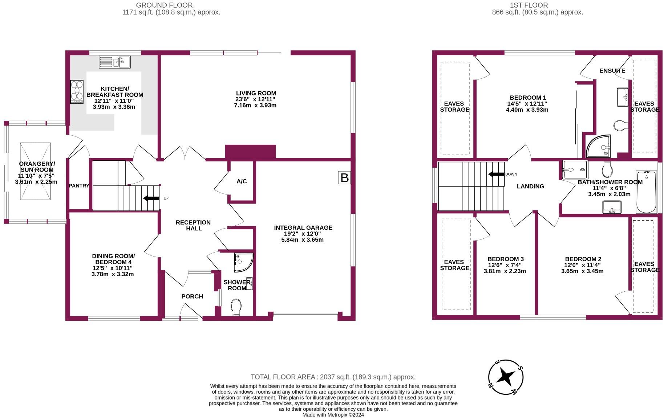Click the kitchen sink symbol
click(x=114, y=62)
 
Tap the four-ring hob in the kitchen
click(x=77, y=91)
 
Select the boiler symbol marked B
click(x=344, y=178)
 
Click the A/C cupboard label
click(x=242, y=181)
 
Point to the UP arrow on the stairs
click(x=151, y=198)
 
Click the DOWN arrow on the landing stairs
click(x=496, y=174)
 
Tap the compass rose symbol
click(x=505, y=377)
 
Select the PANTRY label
click(x=79, y=186)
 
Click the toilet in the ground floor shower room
click(x=236, y=307)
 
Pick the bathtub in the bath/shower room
click(x=646, y=192)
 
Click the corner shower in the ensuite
click(x=599, y=146)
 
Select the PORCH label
click(x=192, y=296)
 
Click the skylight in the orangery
click(x=35, y=171)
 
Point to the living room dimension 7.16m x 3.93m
click(x=255, y=106)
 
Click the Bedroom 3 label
click(x=505, y=259)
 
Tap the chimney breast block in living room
click(x=250, y=151)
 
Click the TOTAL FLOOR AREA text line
click(x=333, y=377)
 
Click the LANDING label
click(x=530, y=187)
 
